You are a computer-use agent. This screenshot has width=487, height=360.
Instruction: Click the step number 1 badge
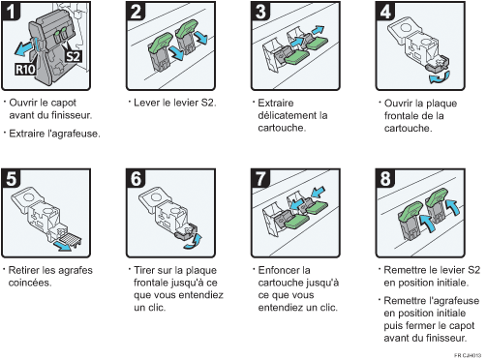click(x=12, y=11)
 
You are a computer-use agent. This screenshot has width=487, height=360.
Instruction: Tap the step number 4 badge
click(x=385, y=11)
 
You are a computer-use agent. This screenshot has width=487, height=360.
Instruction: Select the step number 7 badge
click(x=260, y=178)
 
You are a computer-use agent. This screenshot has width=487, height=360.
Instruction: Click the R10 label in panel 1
click(x=25, y=69)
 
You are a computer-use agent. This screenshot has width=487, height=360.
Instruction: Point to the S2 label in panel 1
click(x=73, y=57)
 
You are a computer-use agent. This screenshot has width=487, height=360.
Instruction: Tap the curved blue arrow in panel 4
click(x=440, y=77)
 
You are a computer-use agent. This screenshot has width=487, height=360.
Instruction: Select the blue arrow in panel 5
click(x=62, y=246)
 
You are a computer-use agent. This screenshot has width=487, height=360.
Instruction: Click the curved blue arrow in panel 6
click(x=193, y=242)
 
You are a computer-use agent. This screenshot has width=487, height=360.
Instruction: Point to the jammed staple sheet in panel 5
click(x=70, y=239)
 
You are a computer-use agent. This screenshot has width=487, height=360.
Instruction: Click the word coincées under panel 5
click(x=30, y=283)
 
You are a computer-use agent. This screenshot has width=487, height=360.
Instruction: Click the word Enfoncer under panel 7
click(x=280, y=270)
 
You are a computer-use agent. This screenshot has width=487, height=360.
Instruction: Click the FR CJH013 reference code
click(x=468, y=355)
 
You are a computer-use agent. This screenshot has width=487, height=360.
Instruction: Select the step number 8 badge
click(x=385, y=178)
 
